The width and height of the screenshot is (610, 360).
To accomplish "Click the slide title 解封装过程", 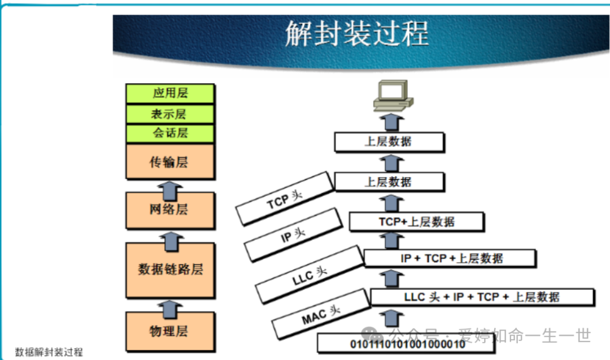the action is (356, 33).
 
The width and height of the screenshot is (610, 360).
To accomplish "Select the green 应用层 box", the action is (170, 93).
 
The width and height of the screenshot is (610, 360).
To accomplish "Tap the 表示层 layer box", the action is (170, 114).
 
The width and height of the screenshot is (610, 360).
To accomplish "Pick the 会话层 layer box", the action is (170, 133).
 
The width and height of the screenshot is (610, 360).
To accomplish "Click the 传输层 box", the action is (170, 162).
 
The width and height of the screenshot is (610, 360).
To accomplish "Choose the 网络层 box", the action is (170, 210).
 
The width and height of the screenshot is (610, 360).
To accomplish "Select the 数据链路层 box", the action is (170, 270).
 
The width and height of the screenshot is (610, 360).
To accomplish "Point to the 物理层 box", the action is (170, 331).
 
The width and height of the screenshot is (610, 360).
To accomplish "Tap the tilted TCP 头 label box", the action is (285, 198).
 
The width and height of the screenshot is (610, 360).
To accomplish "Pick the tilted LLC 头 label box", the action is (310, 274).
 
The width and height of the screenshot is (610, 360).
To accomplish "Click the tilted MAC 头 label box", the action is (321, 314).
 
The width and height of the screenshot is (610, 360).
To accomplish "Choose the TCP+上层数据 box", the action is (416, 222).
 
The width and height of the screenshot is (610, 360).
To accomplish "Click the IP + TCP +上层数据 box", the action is (450, 258).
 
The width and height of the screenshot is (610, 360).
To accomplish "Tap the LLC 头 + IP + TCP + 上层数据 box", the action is (482, 297).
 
